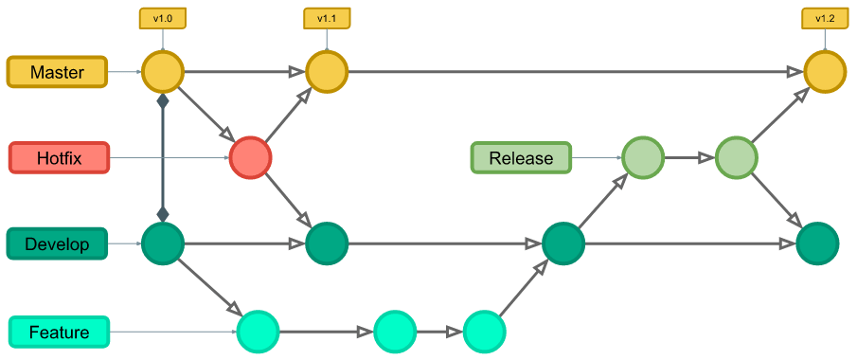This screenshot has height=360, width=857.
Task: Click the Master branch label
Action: [57, 72]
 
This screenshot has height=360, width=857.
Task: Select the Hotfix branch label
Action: [59, 158]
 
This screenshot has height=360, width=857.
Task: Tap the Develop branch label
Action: [57, 244]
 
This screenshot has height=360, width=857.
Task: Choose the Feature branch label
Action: [59, 332]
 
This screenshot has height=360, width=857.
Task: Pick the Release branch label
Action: [521, 158]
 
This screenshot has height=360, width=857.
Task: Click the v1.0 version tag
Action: [162, 19]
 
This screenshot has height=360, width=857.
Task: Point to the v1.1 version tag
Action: [326, 19]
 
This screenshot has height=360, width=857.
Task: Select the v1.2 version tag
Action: [824, 19]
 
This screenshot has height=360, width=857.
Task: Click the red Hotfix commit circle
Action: [250, 157]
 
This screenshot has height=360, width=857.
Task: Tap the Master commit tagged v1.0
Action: [162, 72]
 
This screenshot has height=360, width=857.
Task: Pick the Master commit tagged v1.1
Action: [326, 72]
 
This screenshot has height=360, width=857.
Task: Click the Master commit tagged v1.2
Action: [824, 72]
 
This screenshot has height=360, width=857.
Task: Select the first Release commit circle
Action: [643, 157]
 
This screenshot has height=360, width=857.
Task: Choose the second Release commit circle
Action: [736, 157]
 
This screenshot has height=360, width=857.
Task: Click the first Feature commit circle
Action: [258, 331]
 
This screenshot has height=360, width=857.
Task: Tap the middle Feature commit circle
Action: [395, 331]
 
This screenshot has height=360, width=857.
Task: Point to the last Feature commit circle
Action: [484, 331]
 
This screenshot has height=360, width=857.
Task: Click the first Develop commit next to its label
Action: [162, 243]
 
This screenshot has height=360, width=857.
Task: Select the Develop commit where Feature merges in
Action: [562, 243]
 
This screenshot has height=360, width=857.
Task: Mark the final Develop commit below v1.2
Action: [816, 243]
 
